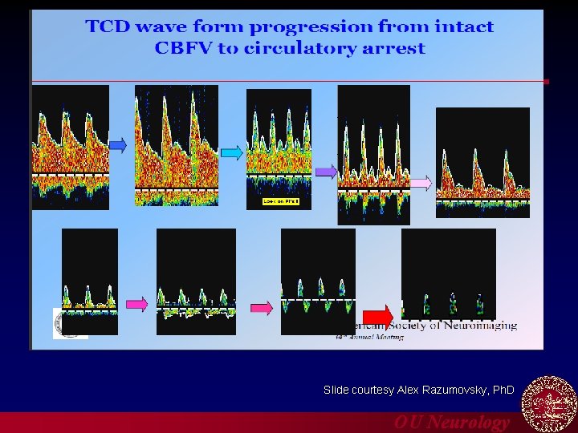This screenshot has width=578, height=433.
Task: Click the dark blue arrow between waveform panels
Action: click(118, 145)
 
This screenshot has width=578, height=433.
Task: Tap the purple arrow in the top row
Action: click(325, 171)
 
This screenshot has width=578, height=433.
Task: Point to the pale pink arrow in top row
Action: click(421, 183)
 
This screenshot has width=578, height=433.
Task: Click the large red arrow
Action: click(377, 316)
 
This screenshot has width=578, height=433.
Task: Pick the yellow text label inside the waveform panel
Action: click(280, 201)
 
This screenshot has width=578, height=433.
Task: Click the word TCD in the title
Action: click(108, 26)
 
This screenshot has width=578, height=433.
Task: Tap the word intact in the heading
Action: click(464, 26)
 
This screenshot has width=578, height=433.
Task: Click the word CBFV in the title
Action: click(182, 48)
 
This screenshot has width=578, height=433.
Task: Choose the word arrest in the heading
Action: click(393, 48)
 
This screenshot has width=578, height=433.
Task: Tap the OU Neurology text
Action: click(451, 423)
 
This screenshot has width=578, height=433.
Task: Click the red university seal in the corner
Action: click(549, 403)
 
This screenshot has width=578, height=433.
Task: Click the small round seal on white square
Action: click(71, 323)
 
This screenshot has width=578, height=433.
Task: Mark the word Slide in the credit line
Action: click(336, 390)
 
